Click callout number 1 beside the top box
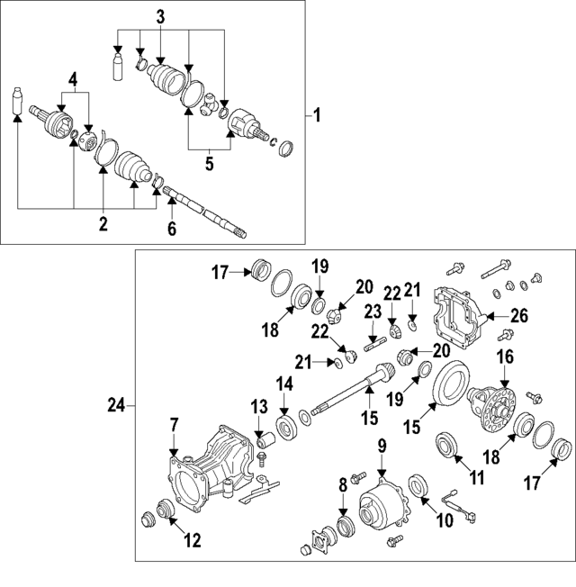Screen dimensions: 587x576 (316, 116)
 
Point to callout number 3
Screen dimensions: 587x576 (160, 17)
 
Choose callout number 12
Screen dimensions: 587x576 (192, 541)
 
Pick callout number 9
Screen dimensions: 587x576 (381, 445)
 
